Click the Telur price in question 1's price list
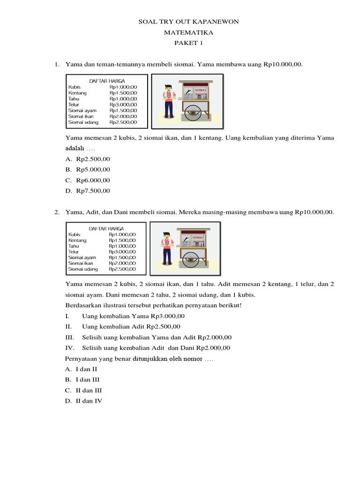click(x=123, y=105)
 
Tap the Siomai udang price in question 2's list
click(x=122, y=269)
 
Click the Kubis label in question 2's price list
click(x=74, y=234)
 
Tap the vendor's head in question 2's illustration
click(x=165, y=235)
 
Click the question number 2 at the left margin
click(x=56, y=212)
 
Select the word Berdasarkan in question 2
click(x=83, y=306)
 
